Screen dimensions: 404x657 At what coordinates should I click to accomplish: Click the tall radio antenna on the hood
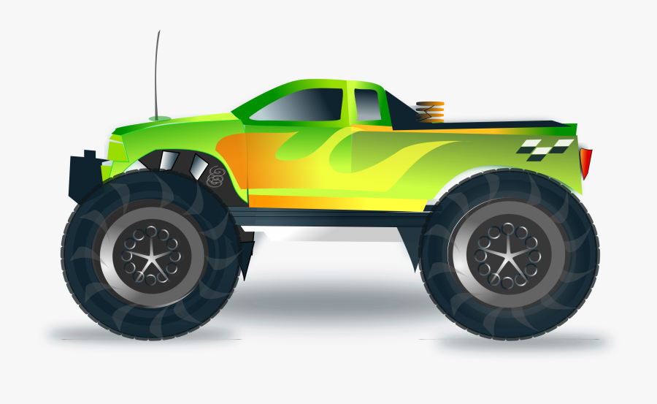click(x=156, y=73)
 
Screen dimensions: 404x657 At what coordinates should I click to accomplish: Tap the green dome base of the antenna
click(x=160, y=118)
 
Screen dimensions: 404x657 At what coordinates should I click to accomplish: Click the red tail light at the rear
click(x=585, y=163)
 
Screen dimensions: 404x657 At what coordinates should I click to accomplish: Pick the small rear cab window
click(x=367, y=105)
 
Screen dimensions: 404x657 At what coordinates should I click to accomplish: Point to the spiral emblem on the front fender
click(x=215, y=176)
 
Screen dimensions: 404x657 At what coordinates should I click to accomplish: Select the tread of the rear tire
click(x=577, y=285)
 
